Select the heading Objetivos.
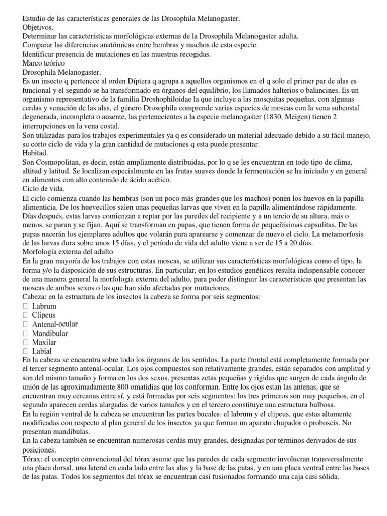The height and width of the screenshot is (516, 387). click(x=39, y=28)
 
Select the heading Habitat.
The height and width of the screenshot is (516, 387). click(x=36, y=153)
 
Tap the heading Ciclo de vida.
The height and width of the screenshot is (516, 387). click(x=43, y=189)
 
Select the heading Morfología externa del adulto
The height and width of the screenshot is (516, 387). click(x=75, y=251)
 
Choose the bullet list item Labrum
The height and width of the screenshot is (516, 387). click(x=44, y=306)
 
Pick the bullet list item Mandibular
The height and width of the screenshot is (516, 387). click(x=50, y=333)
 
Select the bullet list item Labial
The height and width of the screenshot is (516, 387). click(x=42, y=351)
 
